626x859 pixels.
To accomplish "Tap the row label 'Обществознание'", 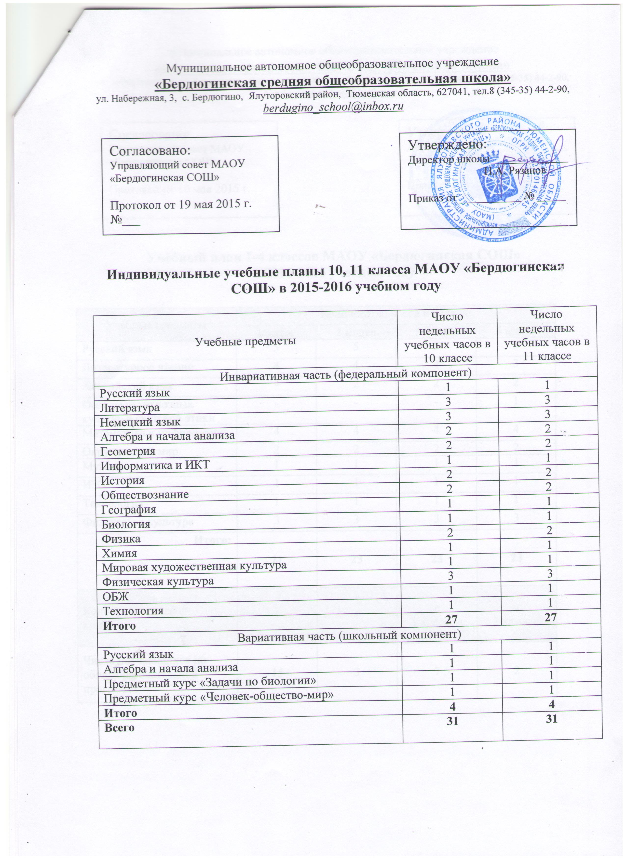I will click(x=146, y=495).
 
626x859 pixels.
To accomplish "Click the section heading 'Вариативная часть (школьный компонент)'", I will click(x=349, y=636).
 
